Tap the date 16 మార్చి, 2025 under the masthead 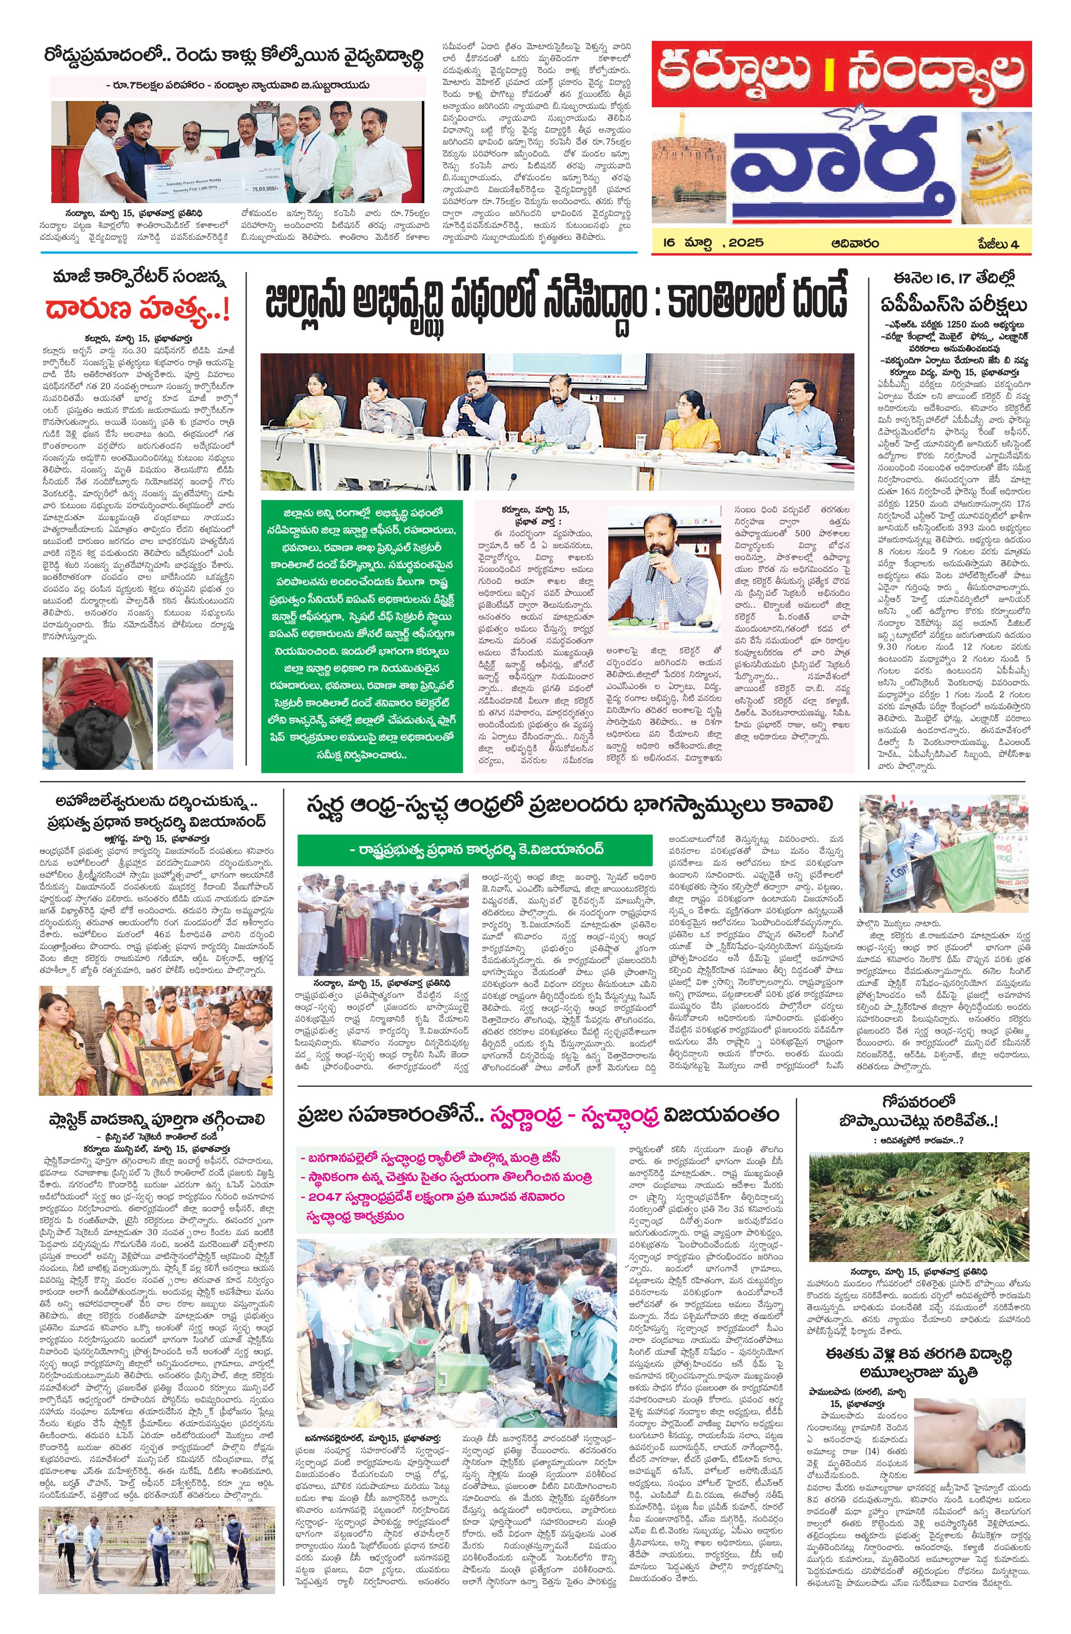point(710,243)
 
